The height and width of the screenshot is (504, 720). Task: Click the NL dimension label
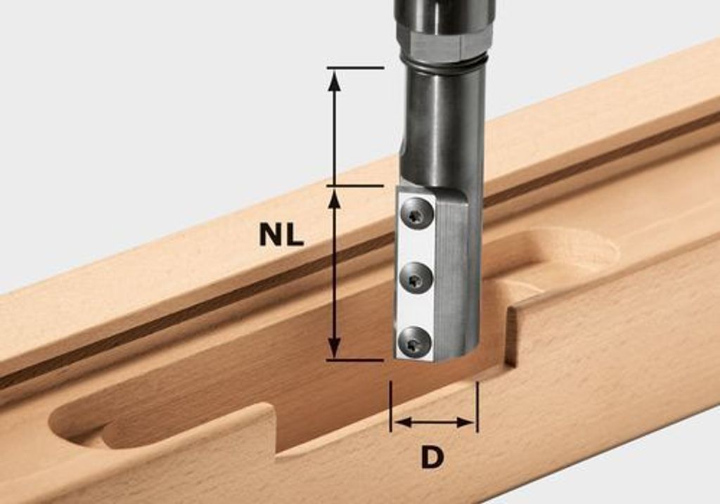pos(281,235)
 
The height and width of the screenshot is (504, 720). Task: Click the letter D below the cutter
pos(432,457)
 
